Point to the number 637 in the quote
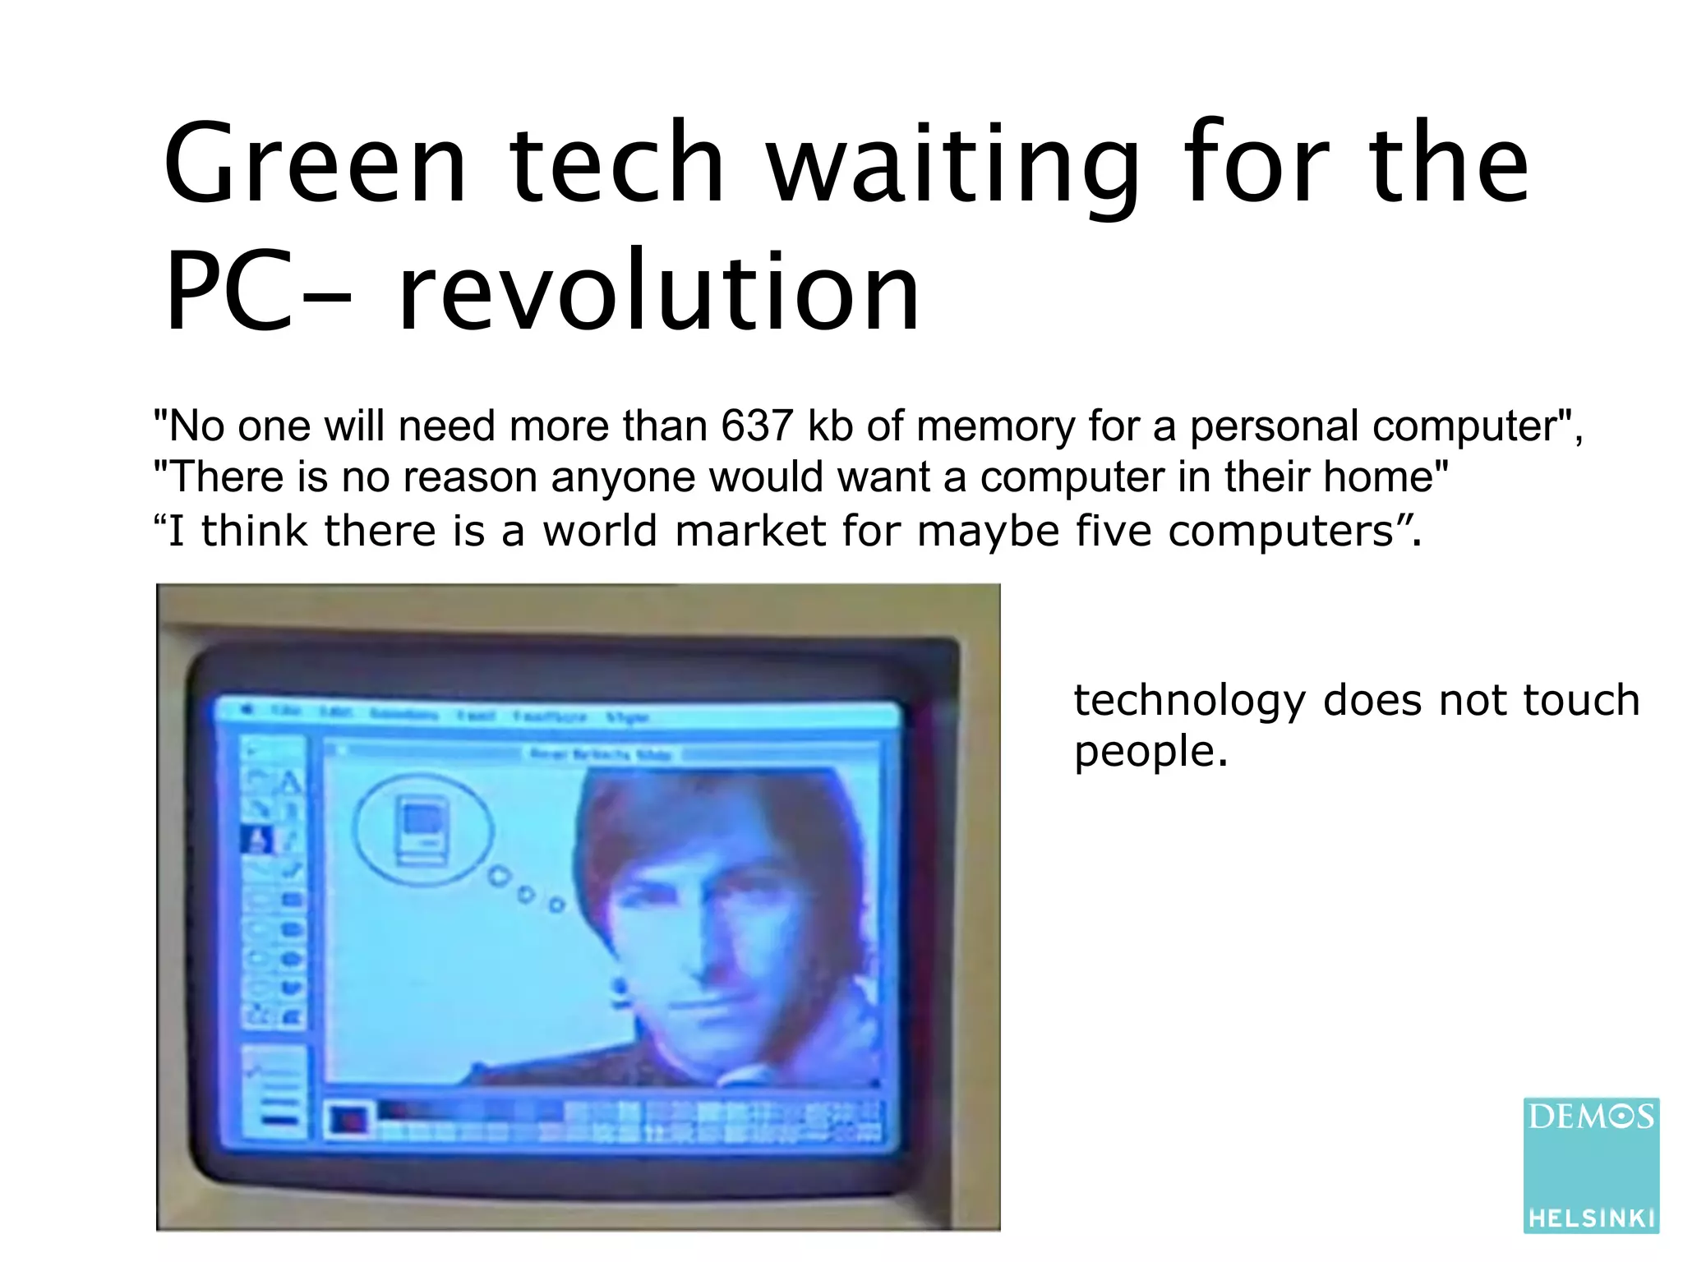coord(757,426)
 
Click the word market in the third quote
coord(749,530)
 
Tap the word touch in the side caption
coord(1581,700)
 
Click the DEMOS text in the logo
coord(1590,1117)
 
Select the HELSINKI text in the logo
coord(1591,1218)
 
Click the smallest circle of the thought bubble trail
coord(557,905)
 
